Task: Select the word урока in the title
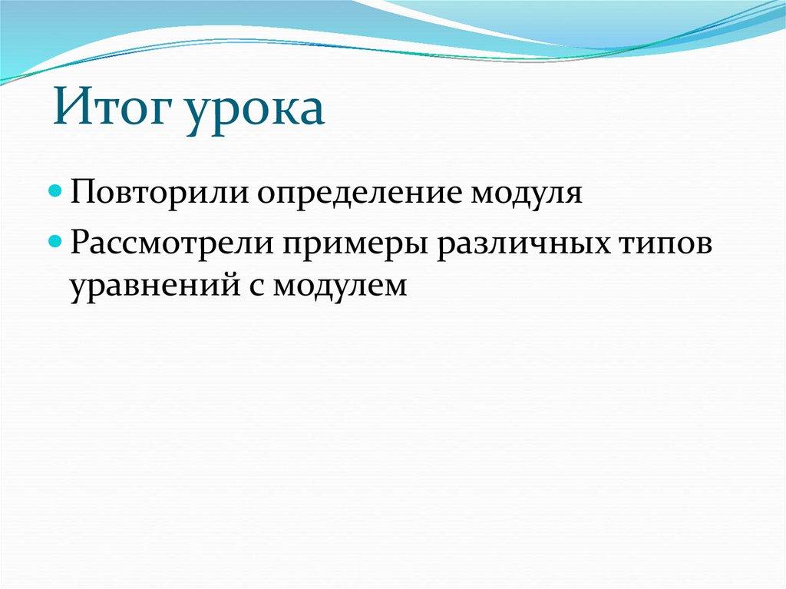(x=255, y=112)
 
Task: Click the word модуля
(x=527, y=194)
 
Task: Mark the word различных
(x=523, y=244)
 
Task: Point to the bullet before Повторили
(x=56, y=191)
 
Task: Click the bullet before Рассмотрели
(x=56, y=242)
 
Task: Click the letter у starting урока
(x=200, y=115)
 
